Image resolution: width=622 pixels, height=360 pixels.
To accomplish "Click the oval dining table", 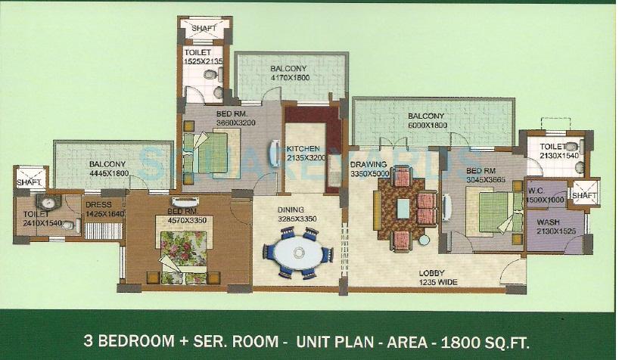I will pos(301,253).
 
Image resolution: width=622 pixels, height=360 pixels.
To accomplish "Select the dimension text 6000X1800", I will pos(427,126).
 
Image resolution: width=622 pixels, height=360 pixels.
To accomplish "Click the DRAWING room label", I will pos(369,164).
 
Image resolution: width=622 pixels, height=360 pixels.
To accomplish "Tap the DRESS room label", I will pos(98,204).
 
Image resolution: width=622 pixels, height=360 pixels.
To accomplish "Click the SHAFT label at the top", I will pos(204,28).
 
